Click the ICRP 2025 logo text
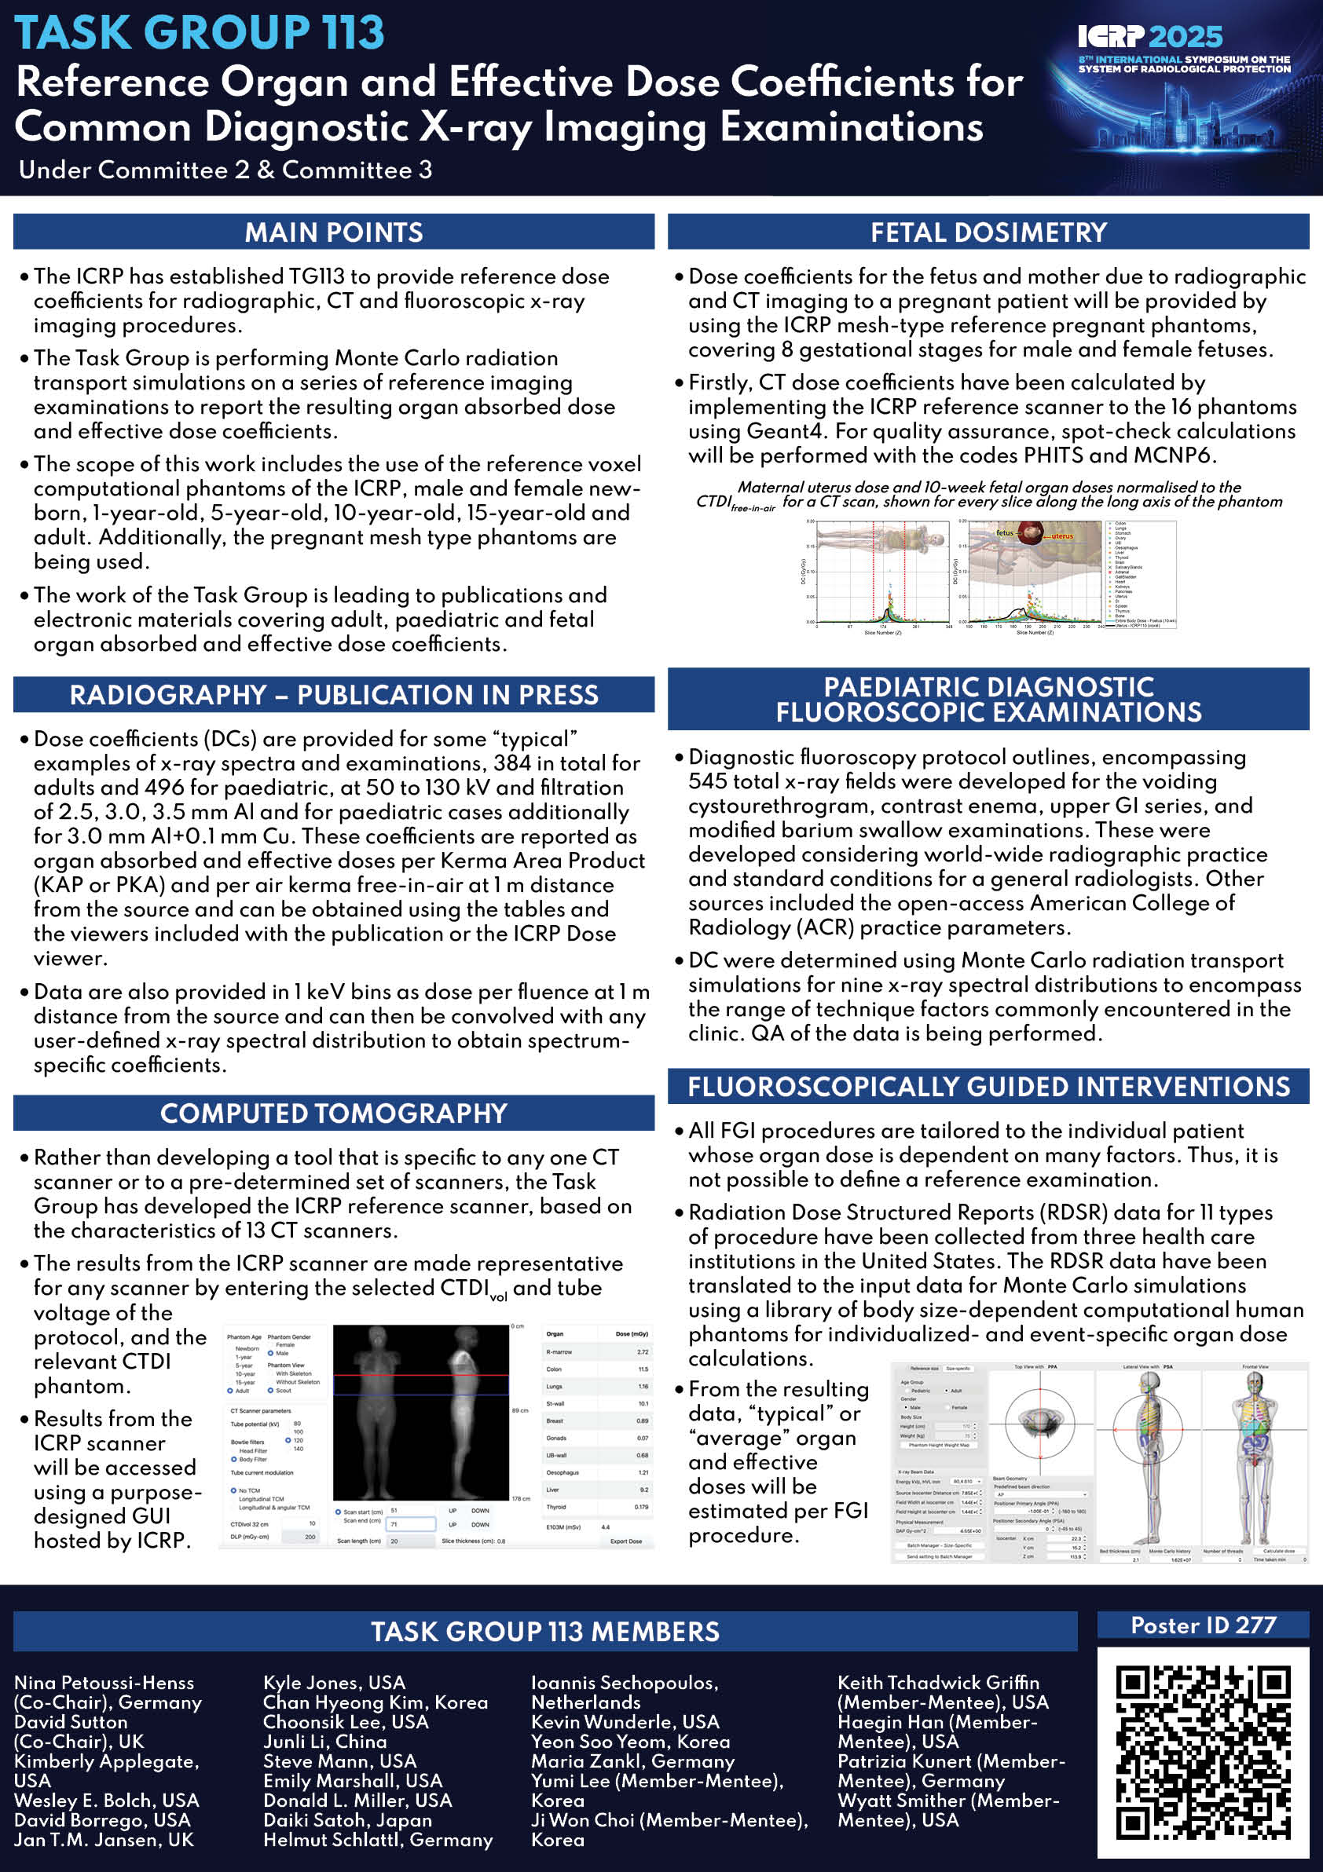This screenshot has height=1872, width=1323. [1150, 36]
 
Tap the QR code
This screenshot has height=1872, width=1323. [1202, 1753]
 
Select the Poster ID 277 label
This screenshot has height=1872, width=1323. [1202, 1625]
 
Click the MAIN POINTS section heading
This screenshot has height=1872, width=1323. [334, 232]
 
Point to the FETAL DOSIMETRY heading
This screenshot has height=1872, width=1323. [988, 232]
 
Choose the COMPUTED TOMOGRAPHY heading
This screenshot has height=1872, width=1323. [334, 1113]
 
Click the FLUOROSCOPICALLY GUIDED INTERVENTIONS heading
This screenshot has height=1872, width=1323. [988, 1087]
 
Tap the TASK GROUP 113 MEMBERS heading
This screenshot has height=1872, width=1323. [545, 1632]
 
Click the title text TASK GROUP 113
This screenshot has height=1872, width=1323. [200, 33]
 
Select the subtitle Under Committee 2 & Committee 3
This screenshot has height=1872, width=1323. [225, 170]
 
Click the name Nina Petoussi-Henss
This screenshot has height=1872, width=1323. [104, 1682]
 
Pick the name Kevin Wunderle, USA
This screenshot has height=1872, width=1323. [625, 1721]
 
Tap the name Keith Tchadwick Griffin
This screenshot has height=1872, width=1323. [938, 1682]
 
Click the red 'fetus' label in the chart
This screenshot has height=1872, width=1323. [1004, 532]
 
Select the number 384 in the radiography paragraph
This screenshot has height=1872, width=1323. [511, 763]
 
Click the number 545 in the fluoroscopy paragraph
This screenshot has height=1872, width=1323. [705, 781]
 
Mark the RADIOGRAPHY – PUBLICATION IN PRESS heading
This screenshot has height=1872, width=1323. [334, 695]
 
